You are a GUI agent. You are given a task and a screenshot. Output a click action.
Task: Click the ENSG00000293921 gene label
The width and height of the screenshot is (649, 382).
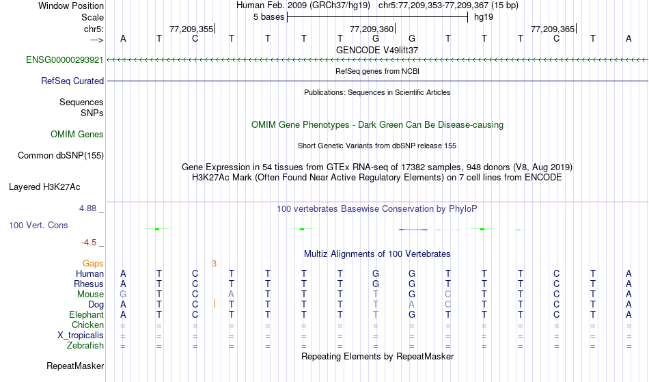tap(65, 60)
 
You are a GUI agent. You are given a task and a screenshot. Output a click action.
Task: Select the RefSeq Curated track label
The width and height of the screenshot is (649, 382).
tap(72, 81)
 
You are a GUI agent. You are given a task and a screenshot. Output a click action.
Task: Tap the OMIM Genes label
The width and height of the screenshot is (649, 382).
tap(77, 134)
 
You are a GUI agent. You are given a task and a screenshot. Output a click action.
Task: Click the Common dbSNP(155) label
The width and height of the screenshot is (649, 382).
tap(61, 155)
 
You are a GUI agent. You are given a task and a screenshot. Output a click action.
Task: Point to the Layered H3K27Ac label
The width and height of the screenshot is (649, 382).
tap(44, 187)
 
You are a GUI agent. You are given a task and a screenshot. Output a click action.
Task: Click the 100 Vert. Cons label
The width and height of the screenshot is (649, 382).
tap(38, 225)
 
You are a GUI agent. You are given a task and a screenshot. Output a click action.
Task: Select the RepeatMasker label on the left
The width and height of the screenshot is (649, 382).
tap(75, 366)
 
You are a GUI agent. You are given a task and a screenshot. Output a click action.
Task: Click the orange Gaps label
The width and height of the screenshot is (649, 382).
tap(93, 263)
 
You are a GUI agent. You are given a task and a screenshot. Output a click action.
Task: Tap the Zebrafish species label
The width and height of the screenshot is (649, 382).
tap(85, 346)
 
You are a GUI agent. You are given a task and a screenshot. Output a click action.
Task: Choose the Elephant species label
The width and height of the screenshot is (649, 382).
tap(86, 315)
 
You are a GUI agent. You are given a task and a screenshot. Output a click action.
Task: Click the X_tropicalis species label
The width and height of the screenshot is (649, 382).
tap(81, 336)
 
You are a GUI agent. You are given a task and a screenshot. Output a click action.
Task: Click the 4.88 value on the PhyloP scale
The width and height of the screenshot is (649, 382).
tap(89, 208)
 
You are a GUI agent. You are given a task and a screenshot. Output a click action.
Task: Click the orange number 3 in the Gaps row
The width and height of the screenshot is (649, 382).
tap(214, 263)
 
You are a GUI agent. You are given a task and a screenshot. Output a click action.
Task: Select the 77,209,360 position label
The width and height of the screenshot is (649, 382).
tap(372, 29)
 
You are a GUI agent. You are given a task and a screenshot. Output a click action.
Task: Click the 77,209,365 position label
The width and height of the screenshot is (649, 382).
tap(553, 29)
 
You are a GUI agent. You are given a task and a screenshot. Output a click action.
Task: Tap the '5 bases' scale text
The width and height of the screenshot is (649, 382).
tap(267, 16)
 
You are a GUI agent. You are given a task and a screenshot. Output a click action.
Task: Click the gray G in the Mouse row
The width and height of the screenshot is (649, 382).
tap(123, 295)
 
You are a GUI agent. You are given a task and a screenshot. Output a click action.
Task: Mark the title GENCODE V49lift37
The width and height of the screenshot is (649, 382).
tap(377, 50)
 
